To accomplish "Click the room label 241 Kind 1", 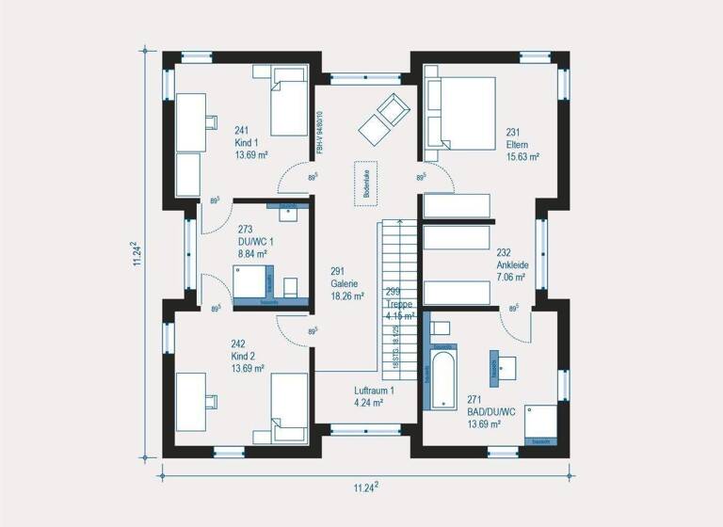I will (x=246, y=143).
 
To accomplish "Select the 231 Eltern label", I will (x=521, y=145).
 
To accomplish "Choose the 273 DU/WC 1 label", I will (x=252, y=241).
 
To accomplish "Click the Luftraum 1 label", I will (x=374, y=396).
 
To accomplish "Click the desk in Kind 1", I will (x=190, y=122).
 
